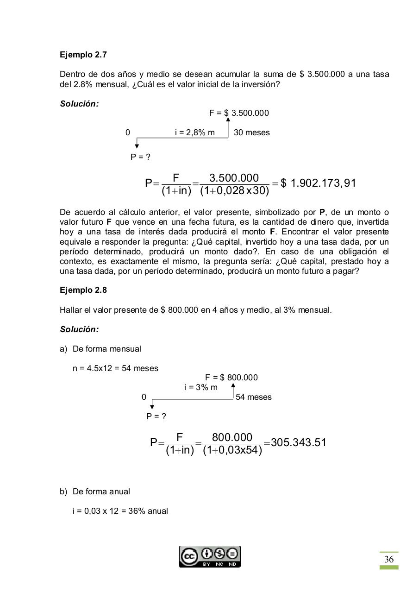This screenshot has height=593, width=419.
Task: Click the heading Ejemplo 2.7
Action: pos(83,55)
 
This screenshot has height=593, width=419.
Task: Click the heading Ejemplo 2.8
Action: pos(83,290)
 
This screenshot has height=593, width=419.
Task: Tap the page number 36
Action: pos(389,559)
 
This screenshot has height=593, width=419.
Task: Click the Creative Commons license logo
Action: pos(210,556)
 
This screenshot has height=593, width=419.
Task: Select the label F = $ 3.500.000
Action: pos(239,113)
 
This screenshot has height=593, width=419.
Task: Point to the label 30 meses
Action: pos(252,132)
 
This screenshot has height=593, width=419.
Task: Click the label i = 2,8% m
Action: pos(195,132)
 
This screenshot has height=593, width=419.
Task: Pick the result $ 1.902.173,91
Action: pos(319,183)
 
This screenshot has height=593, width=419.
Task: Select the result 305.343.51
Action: pos(299,442)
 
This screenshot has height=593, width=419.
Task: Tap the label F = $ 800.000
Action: pos(231,378)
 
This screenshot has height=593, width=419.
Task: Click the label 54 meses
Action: pos(254,397)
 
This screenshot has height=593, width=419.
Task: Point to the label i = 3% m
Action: pos(200,387)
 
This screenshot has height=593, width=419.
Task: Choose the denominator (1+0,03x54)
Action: pos(232,450)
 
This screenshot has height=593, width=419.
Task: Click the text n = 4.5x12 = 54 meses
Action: pos(115,368)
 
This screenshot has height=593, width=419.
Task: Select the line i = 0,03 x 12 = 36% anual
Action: pos(120,511)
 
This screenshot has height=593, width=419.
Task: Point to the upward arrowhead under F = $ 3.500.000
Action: pos(228,120)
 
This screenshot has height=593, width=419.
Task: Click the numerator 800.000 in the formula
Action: pos(232,437)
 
